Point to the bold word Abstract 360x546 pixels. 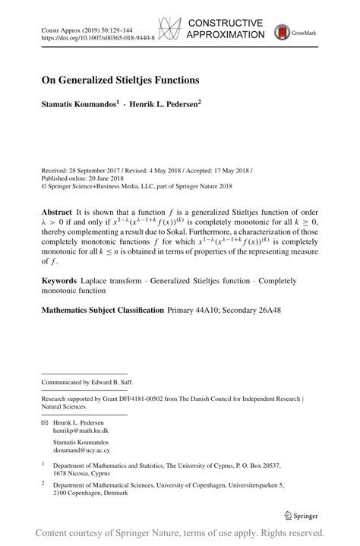[57, 212]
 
